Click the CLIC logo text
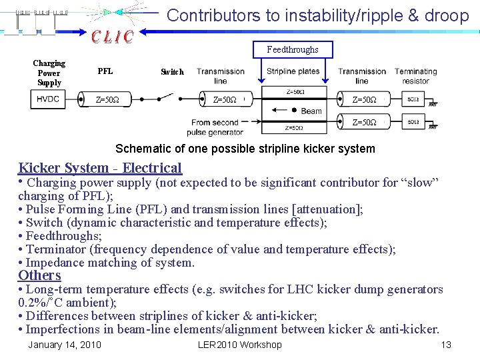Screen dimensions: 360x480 point(112,37)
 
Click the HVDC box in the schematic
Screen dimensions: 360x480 point(48,99)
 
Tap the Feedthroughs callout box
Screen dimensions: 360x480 point(293,49)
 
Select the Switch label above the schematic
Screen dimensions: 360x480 point(172,72)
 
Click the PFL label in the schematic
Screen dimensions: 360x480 point(105,71)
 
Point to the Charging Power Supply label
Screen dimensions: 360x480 point(49,73)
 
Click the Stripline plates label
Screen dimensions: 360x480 point(293,71)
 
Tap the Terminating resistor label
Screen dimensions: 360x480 point(415,76)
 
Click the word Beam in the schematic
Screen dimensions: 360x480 point(311,111)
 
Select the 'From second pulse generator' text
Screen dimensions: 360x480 point(215,127)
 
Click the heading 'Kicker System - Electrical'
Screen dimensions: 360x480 point(100,168)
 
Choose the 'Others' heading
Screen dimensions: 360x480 point(39,275)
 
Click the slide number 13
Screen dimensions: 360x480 point(446,345)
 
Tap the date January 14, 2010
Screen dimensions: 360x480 point(65,345)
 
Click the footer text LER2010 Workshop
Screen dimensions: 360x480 point(240,345)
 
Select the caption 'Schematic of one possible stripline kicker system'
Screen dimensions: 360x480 point(245,149)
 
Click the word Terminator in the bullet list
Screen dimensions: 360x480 point(57,249)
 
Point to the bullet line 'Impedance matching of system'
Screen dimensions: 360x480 point(110,263)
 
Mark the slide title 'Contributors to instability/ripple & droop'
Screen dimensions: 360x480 point(318,15)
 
